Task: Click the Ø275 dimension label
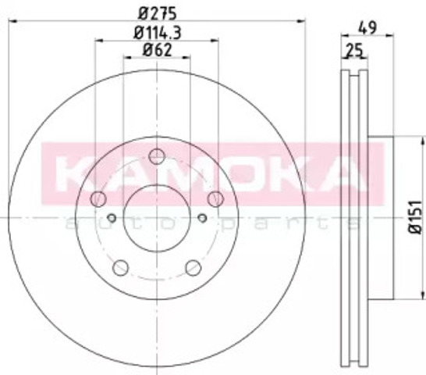click(x=157, y=13)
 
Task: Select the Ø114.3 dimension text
click(x=158, y=33)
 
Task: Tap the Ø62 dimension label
click(x=158, y=50)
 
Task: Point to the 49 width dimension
click(x=367, y=27)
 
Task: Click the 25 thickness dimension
click(x=354, y=50)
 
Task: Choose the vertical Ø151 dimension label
click(x=415, y=217)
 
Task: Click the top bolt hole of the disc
click(x=157, y=156)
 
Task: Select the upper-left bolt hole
click(x=98, y=198)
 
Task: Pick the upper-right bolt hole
click(x=215, y=198)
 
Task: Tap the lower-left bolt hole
click(x=120, y=267)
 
